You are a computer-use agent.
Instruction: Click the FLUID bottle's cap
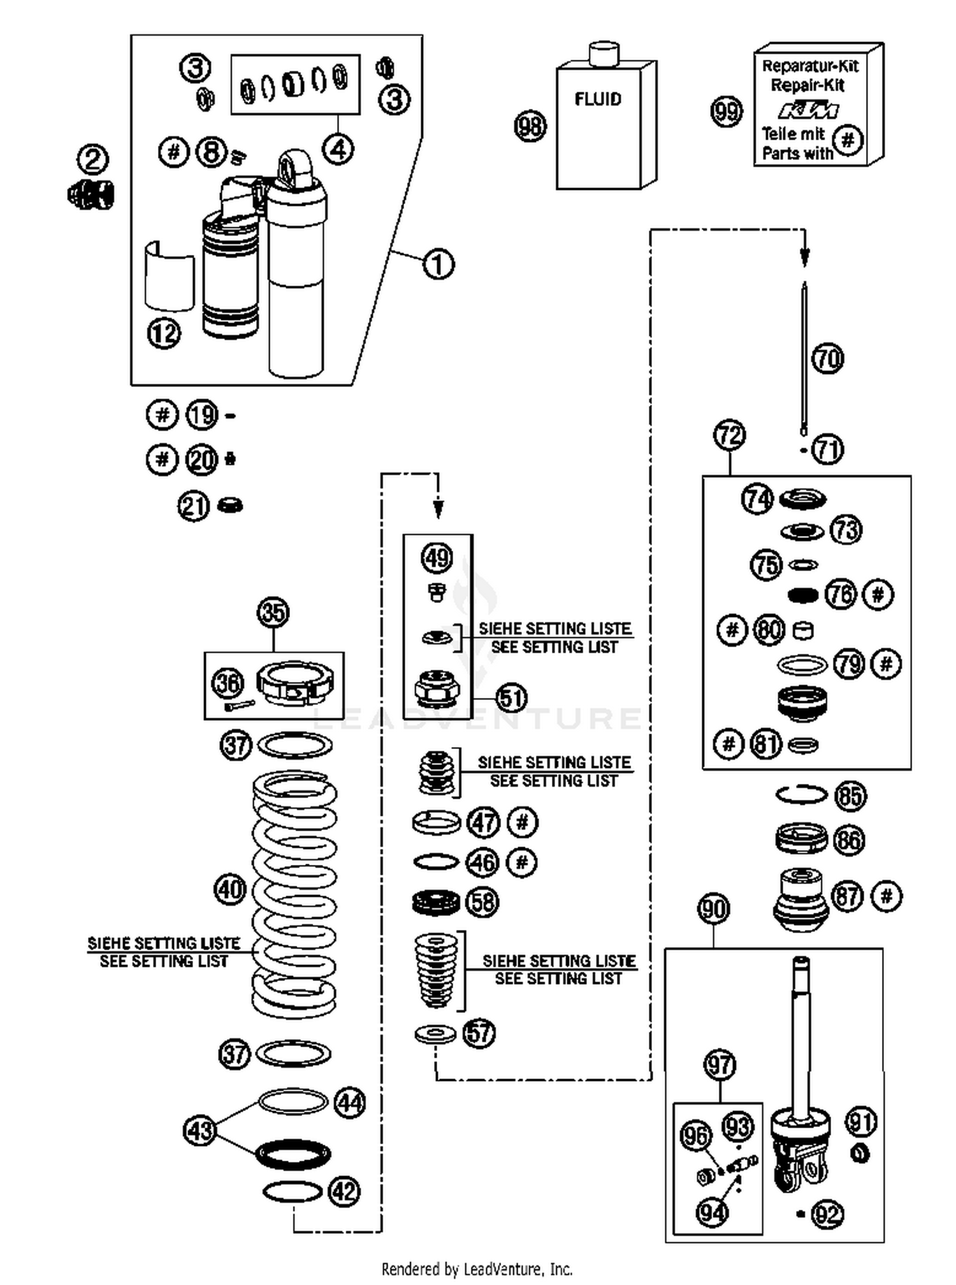604,54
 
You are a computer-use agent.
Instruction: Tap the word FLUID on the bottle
597,99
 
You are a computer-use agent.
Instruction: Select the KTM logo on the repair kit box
808,110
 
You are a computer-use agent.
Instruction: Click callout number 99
727,112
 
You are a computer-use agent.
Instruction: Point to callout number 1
438,264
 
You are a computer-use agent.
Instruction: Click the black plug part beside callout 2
91,194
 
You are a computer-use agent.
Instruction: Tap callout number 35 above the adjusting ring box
273,613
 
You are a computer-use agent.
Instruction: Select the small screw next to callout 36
239,706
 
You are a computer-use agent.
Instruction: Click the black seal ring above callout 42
293,1154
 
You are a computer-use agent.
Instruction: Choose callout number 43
199,1131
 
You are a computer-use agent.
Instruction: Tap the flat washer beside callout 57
435,1034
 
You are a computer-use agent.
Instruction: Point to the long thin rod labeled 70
804,357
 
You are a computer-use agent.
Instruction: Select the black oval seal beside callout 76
802,595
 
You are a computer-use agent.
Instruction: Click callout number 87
848,897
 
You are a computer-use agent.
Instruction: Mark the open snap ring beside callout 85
802,795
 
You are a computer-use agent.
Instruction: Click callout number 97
720,1065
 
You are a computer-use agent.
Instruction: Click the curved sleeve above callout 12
169,277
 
